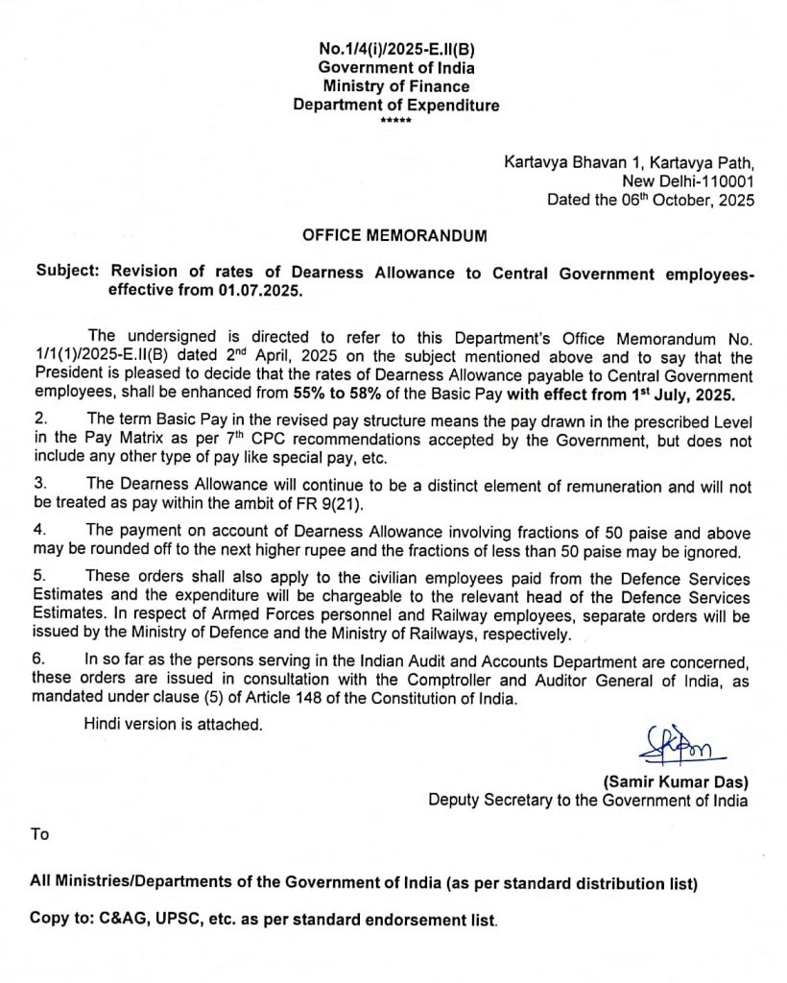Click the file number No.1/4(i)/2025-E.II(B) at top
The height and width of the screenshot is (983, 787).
pyautogui.click(x=396, y=50)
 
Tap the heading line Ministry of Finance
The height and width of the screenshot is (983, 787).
pyautogui.click(x=396, y=86)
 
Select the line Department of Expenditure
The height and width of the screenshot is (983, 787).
pyautogui.click(x=396, y=106)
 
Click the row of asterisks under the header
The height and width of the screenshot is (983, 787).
pyautogui.click(x=394, y=122)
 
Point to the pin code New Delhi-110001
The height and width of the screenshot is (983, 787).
pyautogui.click(x=689, y=180)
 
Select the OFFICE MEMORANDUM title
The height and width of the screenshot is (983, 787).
pyautogui.click(x=394, y=235)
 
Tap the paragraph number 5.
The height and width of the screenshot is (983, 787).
pyautogui.click(x=40, y=576)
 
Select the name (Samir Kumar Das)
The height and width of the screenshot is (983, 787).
pyautogui.click(x=676, y=781)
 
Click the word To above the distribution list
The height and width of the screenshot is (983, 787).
pyautogui.click(x=39, y=834)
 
